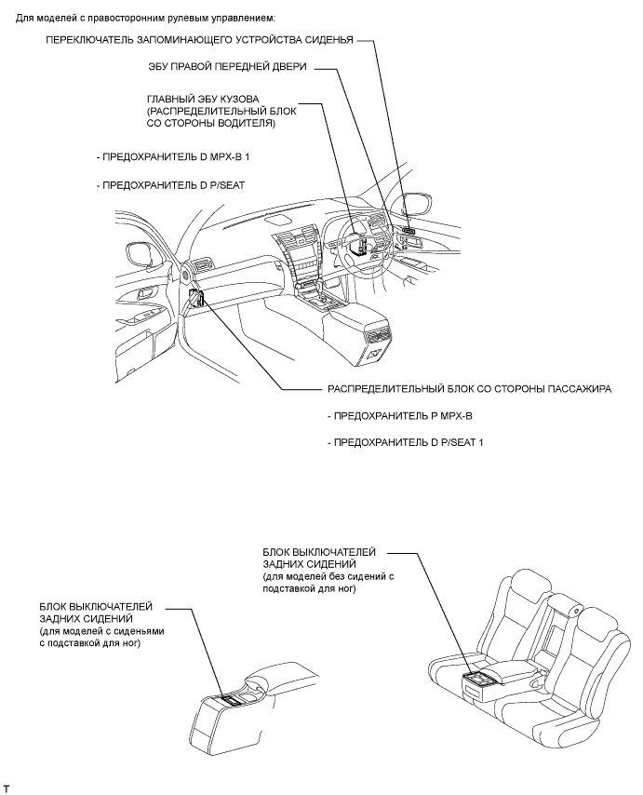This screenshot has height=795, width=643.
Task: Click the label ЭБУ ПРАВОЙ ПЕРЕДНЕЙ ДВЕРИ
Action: tap(227, 67)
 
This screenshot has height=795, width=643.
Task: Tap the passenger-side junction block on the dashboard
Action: tap(196, 300)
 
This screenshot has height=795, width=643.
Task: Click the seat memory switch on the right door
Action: tap(410, 226)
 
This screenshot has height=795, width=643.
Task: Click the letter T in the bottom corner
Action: tap(7, 788)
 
